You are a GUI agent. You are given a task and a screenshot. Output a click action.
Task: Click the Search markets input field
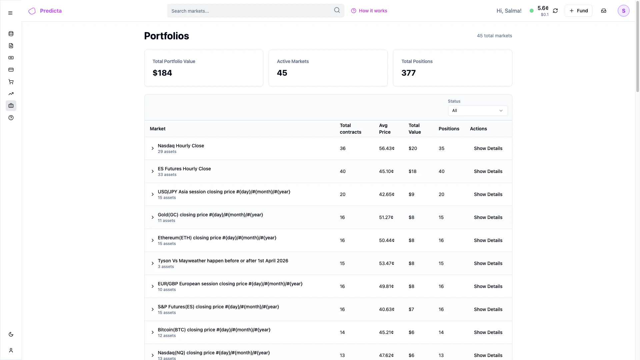[250, 11]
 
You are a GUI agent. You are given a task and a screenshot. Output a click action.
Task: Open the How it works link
[369, 11]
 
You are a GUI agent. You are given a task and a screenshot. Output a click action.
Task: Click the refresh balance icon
[555, 11]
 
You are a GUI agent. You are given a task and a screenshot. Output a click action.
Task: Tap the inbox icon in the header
[604, 11]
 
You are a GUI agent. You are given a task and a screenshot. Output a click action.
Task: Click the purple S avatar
[623, 11]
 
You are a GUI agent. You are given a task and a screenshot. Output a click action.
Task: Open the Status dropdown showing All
[478, 111]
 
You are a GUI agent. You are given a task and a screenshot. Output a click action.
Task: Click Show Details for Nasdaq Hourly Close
[488, 148]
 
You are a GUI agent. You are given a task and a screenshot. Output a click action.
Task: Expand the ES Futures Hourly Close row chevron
[153, 171]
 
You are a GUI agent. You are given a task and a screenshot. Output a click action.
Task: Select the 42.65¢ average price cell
[387, 194]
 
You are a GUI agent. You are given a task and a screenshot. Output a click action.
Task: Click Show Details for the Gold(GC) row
[488, 217]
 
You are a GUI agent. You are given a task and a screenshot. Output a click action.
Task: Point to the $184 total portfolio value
[162, 73]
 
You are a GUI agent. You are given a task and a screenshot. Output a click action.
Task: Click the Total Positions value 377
[408, 73]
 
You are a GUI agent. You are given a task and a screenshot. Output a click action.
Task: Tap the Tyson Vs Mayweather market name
[223, 261]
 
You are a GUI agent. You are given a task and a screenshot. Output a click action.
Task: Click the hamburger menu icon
[10, 13]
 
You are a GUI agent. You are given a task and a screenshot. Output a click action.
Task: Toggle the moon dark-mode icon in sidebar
[11, 334]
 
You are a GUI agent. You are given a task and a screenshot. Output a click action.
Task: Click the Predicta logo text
[51, 11]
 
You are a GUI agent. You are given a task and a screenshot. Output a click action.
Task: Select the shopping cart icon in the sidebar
[11, 82]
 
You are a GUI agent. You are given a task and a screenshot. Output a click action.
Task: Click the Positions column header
[449, 129]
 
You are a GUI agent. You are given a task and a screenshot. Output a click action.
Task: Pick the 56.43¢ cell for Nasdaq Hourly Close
[387, 148]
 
